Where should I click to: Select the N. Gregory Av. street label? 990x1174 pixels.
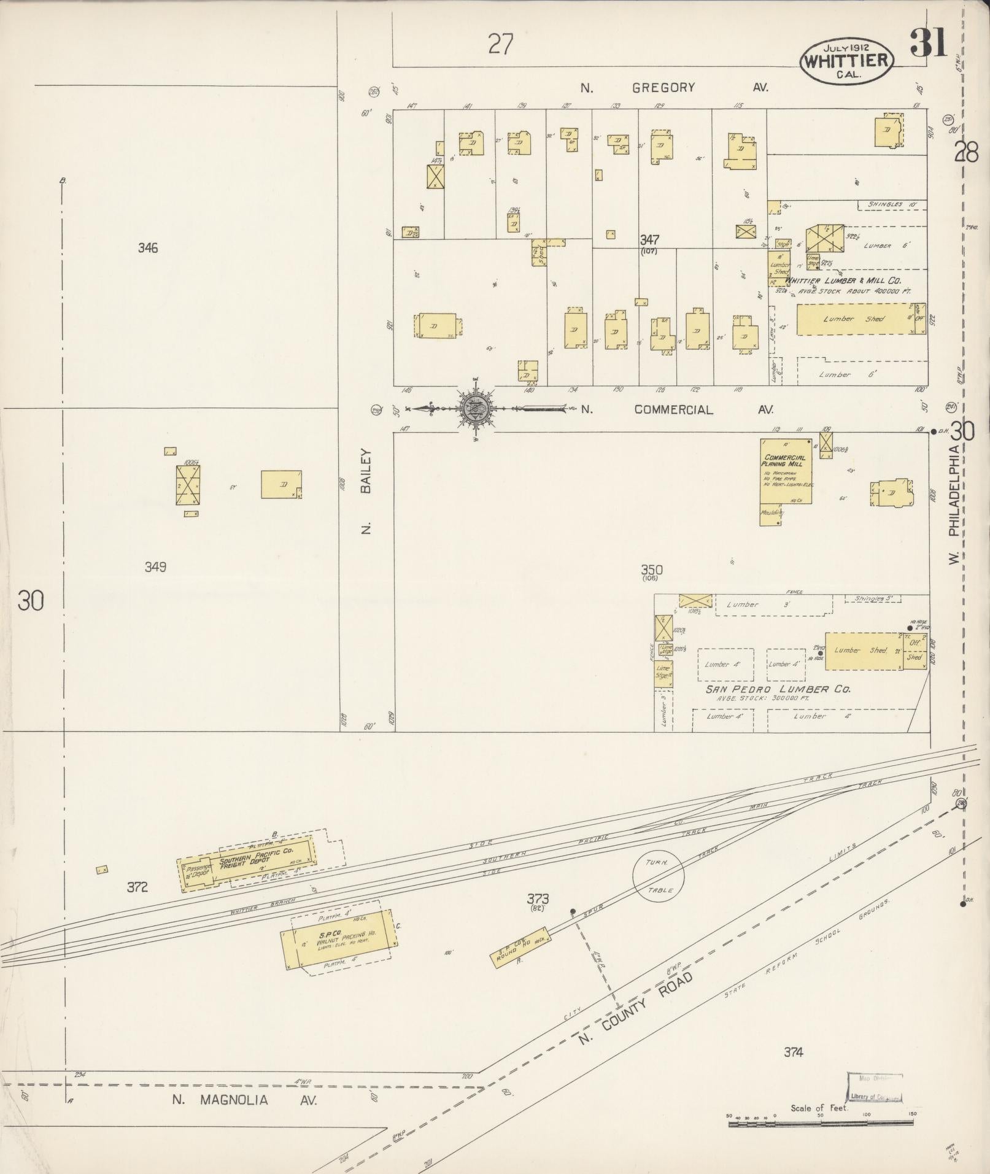pos(674,88)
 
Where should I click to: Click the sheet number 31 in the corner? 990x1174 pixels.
pos(929,44)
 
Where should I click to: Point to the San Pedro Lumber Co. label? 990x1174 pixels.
pos(778,689)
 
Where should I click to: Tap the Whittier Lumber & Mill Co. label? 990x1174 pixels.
pos(843,280)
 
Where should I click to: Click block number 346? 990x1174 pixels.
pos(148,248)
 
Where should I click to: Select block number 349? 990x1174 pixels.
pos(155,566)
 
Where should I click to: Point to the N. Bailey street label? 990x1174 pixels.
pos(366,491)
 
